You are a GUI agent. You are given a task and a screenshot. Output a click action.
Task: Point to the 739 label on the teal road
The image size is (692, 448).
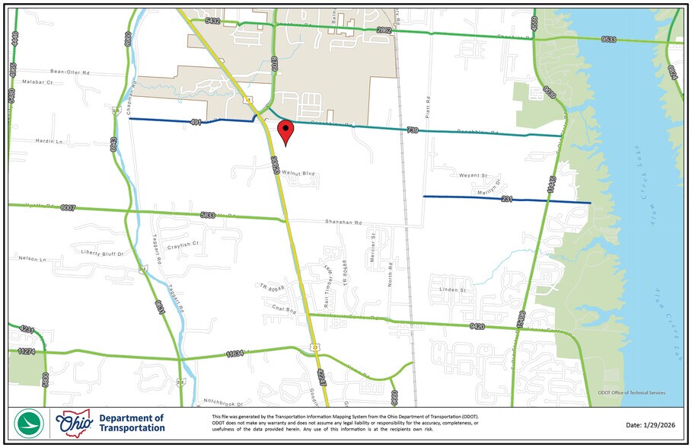click(x=413, y=130)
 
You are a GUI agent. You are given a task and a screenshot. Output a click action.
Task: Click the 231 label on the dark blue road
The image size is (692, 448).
click(x=506, y=199)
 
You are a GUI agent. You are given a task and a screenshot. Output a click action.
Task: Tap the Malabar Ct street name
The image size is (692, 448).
click(x=37, y=82)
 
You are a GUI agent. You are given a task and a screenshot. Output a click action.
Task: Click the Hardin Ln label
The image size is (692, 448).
click(x=48, y=141)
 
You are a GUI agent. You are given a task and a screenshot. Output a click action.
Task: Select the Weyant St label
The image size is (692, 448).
click(x=473, y=175)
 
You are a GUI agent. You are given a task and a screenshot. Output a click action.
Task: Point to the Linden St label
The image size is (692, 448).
click(x=451, y=290)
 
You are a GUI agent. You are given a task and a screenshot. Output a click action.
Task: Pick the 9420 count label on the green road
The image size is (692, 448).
click(x=478, y=327)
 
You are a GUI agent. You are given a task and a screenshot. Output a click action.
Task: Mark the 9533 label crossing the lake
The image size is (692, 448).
click(x=609, y=38)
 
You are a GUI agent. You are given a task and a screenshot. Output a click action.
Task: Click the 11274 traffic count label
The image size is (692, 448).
click(x=27, y=351)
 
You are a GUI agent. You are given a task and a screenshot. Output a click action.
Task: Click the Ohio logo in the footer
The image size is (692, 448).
click(x=73, y=423)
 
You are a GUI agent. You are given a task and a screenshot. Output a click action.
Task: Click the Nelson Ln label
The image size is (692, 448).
click(x=33, y=259)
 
